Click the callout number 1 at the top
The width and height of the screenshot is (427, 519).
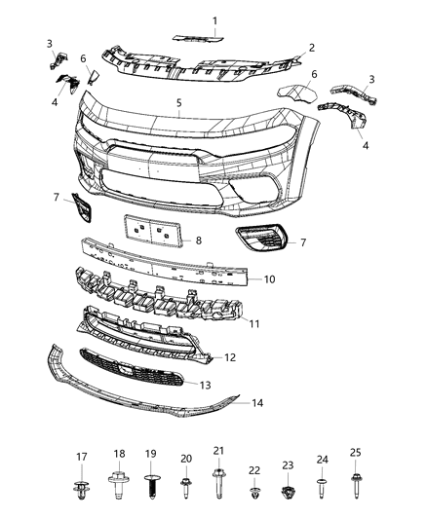(x=214, y=20)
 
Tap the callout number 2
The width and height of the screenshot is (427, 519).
(x=312, y=47)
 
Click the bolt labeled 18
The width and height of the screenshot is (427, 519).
(x=120, y=484)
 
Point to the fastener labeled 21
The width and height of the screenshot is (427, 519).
(x=218, y=483)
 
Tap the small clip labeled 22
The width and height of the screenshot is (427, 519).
(x=254, y=492)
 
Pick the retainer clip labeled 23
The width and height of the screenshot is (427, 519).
(x=288, y=491)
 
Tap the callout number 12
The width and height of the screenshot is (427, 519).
(x=229, y=358)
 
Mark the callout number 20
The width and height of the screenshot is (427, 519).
(x=186, y=459)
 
